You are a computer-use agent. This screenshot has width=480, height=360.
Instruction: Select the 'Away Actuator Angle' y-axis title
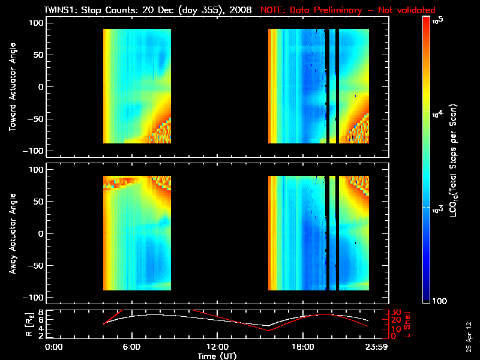[x=11, y=235]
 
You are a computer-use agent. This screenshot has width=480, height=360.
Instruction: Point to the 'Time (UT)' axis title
[x=217, y=356]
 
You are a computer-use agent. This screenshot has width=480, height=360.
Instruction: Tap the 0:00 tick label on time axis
[x=53, y=347]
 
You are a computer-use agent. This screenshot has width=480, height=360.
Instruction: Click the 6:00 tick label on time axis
[x=131, y=347]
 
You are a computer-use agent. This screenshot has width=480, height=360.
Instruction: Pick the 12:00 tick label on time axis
[x=217, y=347]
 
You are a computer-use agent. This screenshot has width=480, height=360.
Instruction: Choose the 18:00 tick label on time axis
[x=302, y=347]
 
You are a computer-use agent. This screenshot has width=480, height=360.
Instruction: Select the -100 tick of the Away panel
[x=35, y=298]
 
